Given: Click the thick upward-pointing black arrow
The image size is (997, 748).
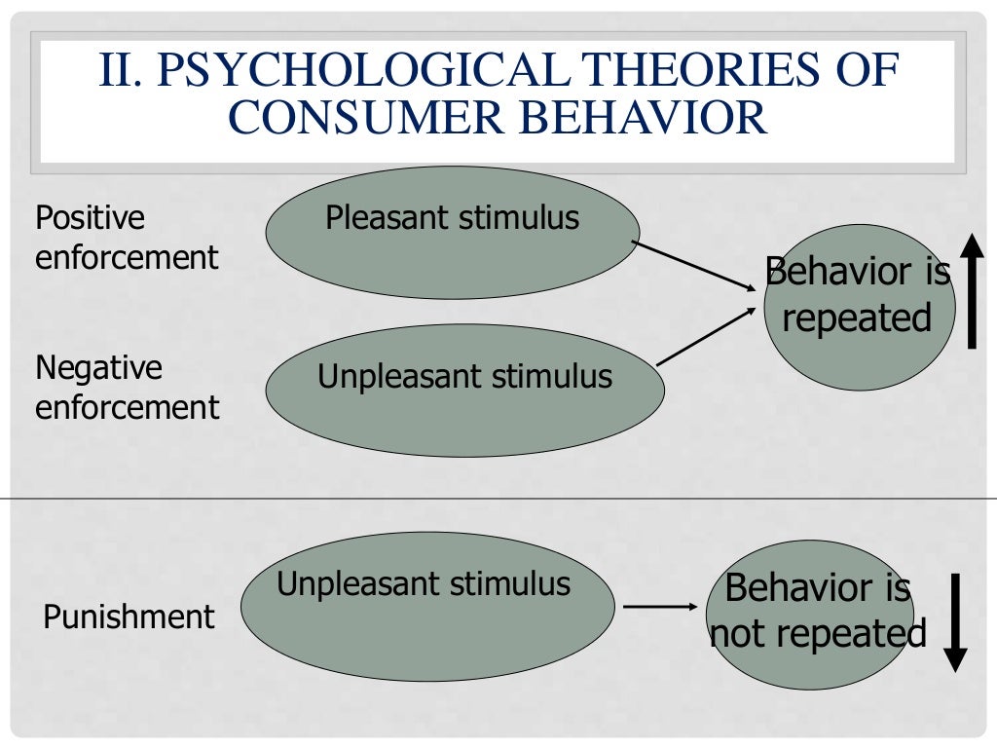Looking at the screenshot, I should click(x=972, y=292).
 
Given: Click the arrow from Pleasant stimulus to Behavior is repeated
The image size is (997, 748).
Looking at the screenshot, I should click(x=693, y=265).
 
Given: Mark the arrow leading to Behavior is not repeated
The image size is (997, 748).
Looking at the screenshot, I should click(x=660, y=607).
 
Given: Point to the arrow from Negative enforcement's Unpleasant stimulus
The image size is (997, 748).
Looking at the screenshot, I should click(x=707, y=337).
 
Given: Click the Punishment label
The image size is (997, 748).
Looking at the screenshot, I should click(x=129, y=617).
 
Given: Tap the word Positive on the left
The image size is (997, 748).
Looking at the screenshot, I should click(x=90, y=217).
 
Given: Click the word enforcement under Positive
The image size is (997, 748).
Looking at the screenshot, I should click(x=127, y=258).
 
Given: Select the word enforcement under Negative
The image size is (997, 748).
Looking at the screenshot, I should click(x=127, y=407).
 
